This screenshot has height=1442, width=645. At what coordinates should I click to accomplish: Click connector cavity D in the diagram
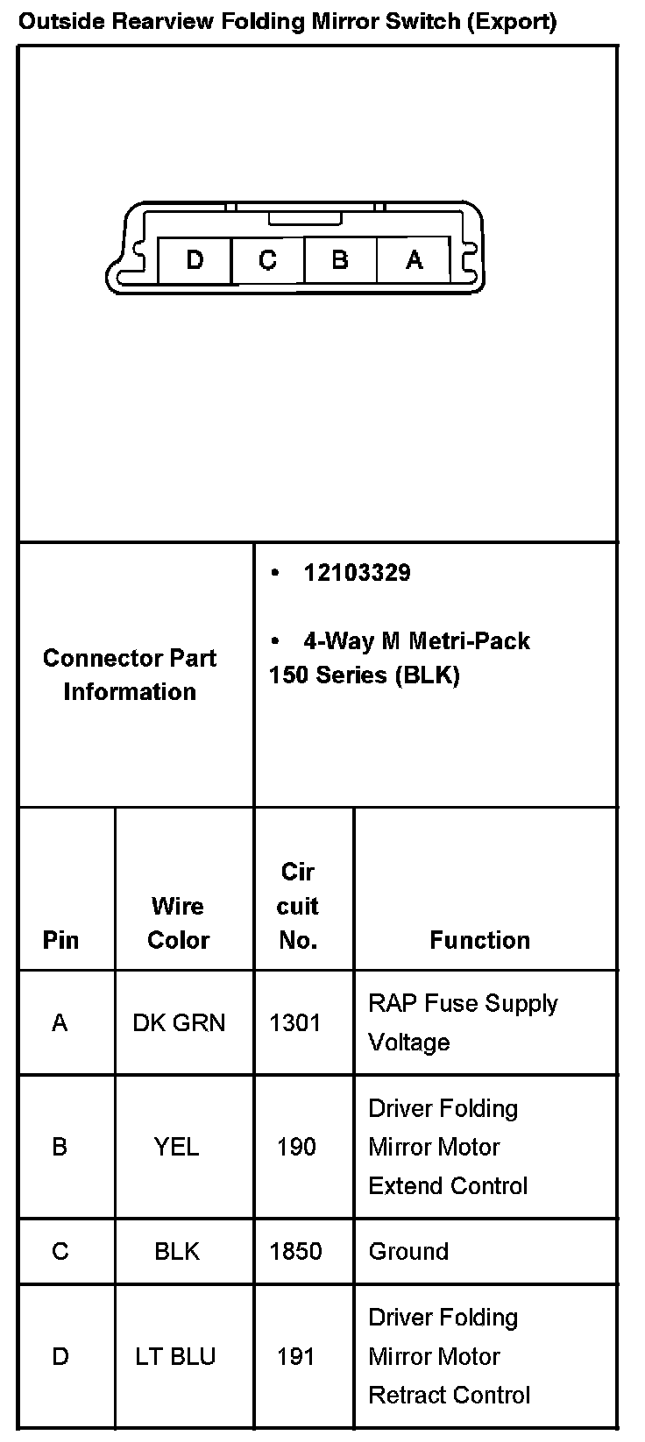click(195, 260)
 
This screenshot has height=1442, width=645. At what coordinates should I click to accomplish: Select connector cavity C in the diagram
click(268, 260)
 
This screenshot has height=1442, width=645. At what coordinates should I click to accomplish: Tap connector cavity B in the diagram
click(340, 260)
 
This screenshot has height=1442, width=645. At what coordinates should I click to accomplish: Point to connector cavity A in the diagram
click(414, 260)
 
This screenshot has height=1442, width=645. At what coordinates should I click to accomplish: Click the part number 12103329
click(357, 573)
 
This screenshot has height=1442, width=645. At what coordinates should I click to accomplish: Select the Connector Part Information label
click(130, 675)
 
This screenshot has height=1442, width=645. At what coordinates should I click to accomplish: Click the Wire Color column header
click(178, 922)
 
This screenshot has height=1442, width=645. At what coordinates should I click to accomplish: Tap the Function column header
click(479, 940)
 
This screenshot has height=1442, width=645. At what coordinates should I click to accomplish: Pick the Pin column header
click(60, 940)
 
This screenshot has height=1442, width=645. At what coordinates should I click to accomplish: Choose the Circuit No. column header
click(298, 906)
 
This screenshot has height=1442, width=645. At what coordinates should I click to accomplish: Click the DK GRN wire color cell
click(179, 1022)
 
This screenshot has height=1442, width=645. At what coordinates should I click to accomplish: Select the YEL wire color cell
click(177, 1147)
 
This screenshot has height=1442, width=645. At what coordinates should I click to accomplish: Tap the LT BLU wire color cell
click(175, 1356)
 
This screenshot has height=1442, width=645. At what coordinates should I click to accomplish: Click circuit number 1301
click(295, 1022)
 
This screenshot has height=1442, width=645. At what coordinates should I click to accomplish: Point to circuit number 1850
click(296, 1251)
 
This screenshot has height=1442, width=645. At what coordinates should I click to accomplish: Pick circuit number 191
click(296, 1356)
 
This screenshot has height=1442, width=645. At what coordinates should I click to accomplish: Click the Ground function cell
click(408, 1251)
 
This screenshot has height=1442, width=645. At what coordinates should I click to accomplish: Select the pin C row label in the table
click(60, 1251)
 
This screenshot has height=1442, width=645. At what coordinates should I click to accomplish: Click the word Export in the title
click(513, 22)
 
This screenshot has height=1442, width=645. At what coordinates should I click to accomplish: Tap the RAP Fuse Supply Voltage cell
click(463, 1022)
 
